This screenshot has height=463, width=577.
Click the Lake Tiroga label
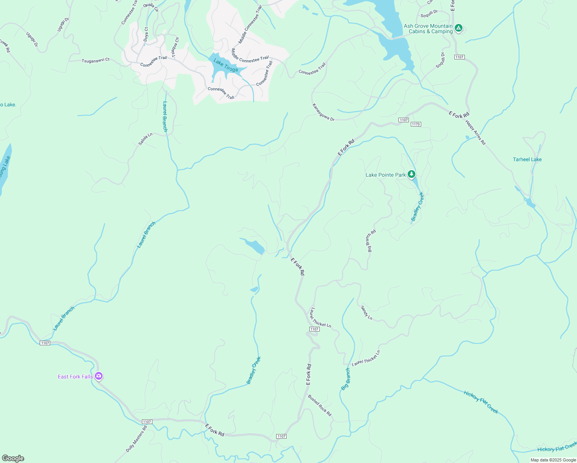226,65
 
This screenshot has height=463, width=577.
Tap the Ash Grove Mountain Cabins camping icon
458,28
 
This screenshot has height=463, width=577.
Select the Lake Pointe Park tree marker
412,174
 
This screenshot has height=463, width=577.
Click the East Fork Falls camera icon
99,376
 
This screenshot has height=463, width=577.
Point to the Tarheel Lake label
527,159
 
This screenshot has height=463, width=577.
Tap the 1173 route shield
415,124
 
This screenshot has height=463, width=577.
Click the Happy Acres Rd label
475,132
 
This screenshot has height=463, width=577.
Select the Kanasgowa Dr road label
323,112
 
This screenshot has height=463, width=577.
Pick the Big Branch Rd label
371,241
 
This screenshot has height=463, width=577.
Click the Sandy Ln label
366,313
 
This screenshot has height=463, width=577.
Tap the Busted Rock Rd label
319,405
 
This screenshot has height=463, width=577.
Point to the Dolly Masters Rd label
137,439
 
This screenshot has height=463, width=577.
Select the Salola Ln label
145,139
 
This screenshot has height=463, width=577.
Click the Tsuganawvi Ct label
96,60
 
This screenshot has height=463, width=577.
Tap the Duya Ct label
146,34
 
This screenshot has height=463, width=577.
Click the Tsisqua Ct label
175,47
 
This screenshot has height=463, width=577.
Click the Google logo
13,458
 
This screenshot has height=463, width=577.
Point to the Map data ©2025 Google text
553,460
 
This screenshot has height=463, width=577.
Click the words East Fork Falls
75,377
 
